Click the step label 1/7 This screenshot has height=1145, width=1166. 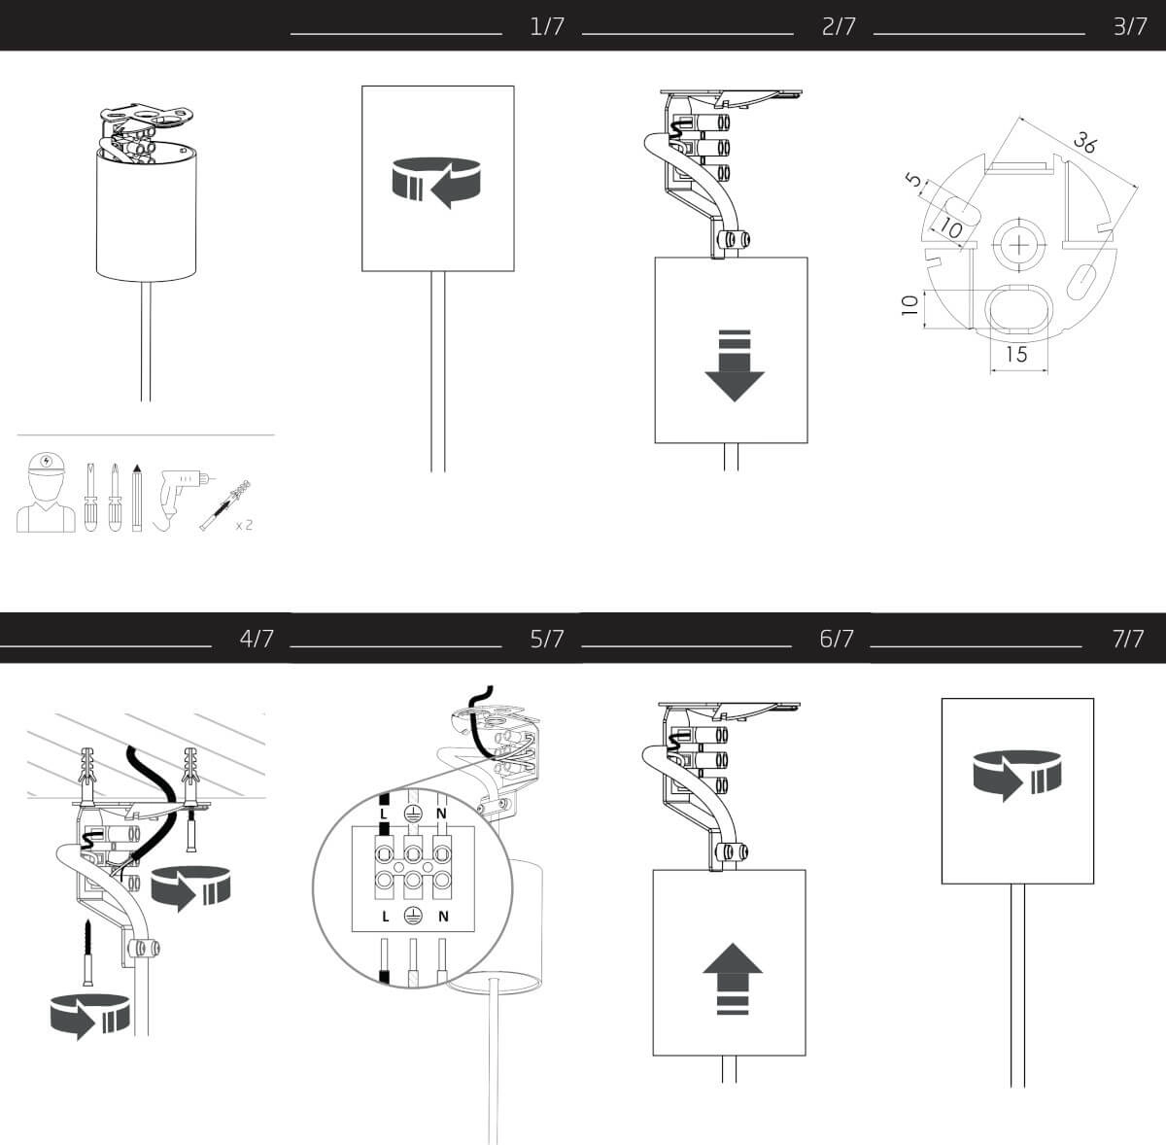click(547, 26)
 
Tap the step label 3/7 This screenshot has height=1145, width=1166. click(1130, 26)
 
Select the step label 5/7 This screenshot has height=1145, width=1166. click(547, 639)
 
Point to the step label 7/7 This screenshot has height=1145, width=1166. click(1128, 639)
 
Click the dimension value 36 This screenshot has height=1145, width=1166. click(1083, 144)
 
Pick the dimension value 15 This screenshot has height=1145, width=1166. click(1016, 354)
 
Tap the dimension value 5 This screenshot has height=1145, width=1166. click(913, 180)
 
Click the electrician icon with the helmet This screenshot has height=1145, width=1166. click(46, 493)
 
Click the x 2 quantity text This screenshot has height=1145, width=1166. click(244, 525)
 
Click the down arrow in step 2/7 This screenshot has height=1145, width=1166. click(735, 365)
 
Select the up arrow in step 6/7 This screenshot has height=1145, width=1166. click(733, 978)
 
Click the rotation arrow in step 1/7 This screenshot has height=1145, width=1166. click(436, 183)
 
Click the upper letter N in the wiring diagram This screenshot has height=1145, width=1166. click(441, 814)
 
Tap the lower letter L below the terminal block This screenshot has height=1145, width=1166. click(386, 917)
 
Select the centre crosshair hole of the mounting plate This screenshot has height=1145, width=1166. click(1019, 245)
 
